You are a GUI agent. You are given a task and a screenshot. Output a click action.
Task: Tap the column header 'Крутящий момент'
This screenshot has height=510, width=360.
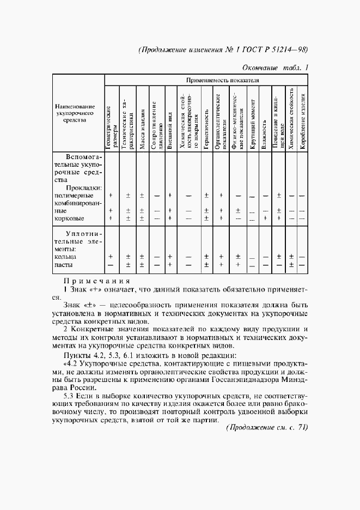pos(253,125)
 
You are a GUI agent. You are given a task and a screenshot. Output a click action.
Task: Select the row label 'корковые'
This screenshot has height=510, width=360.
pos(69,218)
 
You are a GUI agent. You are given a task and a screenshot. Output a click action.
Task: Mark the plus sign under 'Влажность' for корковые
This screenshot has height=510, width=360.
pos(265,218)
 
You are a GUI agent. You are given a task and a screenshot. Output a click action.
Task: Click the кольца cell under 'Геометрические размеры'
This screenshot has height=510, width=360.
pos(111,256)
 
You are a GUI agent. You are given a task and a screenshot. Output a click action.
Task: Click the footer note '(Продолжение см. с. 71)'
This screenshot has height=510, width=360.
pos(267,428)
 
